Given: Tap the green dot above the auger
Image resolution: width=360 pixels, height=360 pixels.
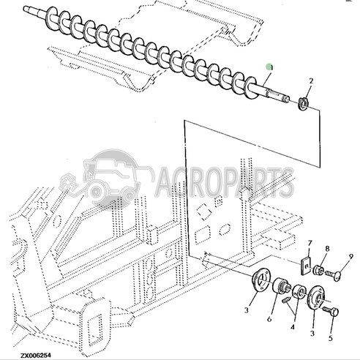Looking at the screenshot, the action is pyautogui.click(x=269, y=67).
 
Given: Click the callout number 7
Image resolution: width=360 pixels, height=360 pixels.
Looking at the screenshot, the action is pyautogui.click(x=310, y=243).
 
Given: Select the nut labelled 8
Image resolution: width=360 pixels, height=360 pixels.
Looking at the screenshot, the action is pyautogui.click(x=319, y=271).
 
